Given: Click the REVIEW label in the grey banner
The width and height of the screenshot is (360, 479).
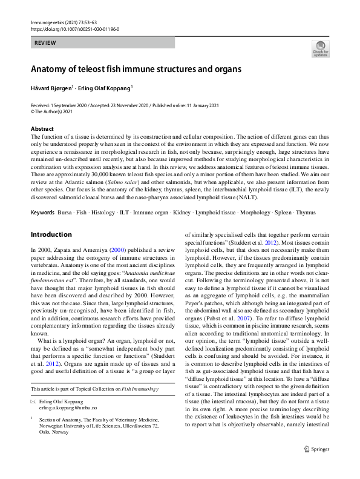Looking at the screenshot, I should [45, 43].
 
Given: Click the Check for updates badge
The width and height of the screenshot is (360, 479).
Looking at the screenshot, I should [320, 48].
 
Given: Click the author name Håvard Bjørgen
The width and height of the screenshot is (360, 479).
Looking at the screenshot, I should [51, 88].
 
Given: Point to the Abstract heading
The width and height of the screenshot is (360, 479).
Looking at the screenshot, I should [44, 129].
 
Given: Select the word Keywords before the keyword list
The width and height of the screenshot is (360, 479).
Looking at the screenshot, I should [42, 213].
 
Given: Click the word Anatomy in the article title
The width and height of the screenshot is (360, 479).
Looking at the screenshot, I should [53, 69].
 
